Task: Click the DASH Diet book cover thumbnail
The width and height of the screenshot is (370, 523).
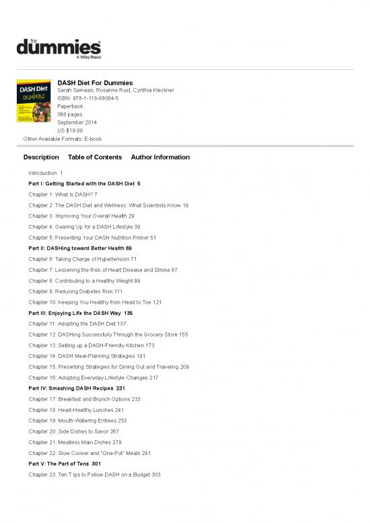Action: (x=34, y=107)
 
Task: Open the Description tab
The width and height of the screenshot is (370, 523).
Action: (x=41, y=158)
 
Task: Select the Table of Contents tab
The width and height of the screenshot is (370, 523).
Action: (x=95, y=158)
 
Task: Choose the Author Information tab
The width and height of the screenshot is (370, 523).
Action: (x=160, y=158)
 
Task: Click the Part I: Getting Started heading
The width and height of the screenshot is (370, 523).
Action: (x=84, y=183)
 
